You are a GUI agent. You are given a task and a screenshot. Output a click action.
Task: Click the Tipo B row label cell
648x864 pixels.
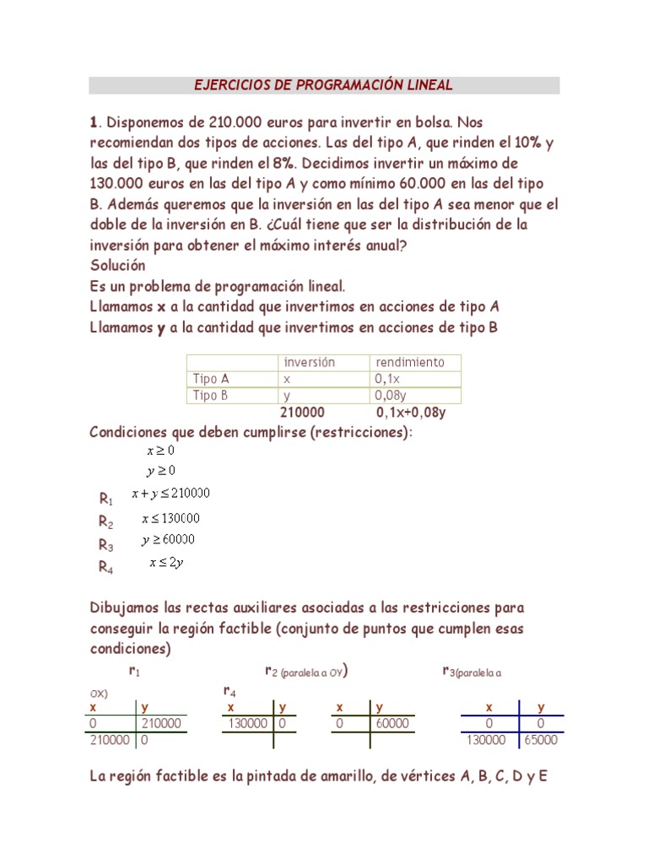[211, 395]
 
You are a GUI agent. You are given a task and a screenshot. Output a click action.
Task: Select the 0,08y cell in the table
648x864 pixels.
[391, 395]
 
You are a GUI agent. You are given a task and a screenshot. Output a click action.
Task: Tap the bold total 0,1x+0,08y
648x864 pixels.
[411, 413]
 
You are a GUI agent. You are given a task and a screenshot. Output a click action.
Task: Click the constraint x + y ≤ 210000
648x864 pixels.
[170, 494]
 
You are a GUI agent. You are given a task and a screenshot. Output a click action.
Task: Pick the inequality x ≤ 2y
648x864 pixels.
[165, 563]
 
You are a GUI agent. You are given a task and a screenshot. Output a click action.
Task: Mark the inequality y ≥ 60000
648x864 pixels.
[168, 540]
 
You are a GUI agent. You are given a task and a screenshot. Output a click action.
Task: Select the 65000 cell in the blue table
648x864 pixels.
[540, 740]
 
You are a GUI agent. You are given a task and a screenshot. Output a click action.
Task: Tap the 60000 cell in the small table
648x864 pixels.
[392, 723]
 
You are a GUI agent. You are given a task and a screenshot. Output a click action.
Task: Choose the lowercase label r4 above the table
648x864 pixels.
[229, 691]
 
